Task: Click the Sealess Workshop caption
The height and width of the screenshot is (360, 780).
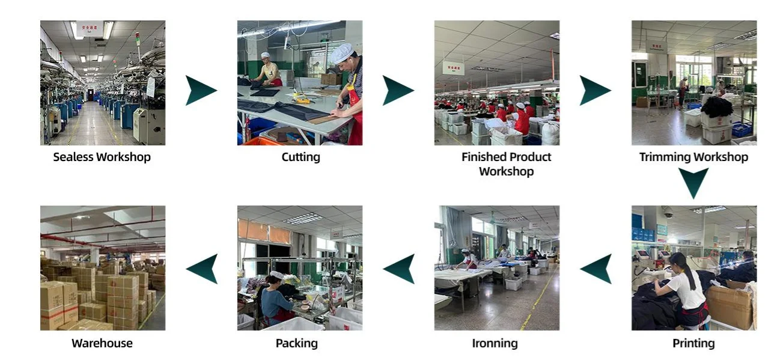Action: click(x=102, y=157)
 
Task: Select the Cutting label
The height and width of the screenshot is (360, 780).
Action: click(x=300, y=157)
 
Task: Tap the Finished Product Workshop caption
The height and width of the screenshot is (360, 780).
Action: click(x=506, y=164)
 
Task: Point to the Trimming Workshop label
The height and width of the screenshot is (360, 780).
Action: click(x=693, y=157)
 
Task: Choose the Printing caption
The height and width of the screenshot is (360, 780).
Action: click(x=693, y=344)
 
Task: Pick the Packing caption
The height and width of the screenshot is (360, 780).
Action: click(x=296, y=344)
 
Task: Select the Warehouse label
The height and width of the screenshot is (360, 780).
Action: click(x=102, y=344)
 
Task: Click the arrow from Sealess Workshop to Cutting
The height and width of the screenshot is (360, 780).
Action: click(x=200, y=91)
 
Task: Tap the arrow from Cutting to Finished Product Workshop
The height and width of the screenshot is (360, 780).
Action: click(x=397, y=91)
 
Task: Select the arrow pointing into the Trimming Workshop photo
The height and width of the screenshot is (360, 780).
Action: click(x=594, y=91)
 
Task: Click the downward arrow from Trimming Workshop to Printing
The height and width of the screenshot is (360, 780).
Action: click(x=693, y=183)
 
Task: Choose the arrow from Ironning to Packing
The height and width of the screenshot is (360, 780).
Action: click(x=399, y=269)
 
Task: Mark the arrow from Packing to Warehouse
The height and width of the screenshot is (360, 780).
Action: click(x=201, y=269)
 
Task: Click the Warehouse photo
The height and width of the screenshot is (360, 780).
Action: click(x=102, y=268)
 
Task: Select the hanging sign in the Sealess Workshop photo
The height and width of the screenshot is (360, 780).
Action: click(x=90, y=28)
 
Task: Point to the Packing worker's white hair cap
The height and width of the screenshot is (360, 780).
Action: click(x=276, y=275)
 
